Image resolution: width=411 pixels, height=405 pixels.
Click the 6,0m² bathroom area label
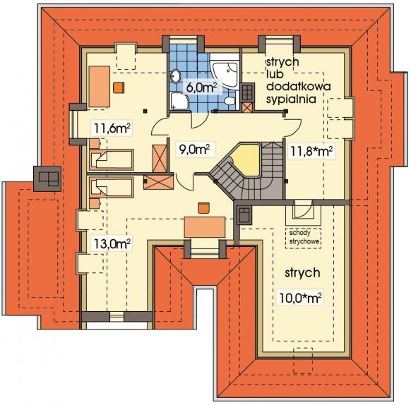201,87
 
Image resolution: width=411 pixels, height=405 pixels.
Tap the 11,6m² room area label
112,128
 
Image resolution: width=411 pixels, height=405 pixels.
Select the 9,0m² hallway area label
194,149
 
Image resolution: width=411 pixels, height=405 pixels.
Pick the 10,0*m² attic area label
300,298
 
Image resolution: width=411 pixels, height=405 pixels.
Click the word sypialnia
291,99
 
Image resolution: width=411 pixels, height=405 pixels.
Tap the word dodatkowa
298,87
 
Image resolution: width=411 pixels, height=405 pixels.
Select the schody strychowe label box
303,238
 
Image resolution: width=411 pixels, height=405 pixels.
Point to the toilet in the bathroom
230,101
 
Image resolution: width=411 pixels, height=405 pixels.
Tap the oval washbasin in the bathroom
176,76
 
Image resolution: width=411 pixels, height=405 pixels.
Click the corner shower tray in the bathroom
179,102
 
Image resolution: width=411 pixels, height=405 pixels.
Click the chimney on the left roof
47,179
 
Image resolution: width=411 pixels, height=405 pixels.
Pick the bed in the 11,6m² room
112,159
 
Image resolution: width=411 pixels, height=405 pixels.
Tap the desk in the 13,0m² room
205,227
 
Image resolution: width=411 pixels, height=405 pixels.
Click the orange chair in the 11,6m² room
119,87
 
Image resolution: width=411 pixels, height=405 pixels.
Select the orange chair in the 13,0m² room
204,208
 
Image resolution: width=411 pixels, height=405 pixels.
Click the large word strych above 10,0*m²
302,273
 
